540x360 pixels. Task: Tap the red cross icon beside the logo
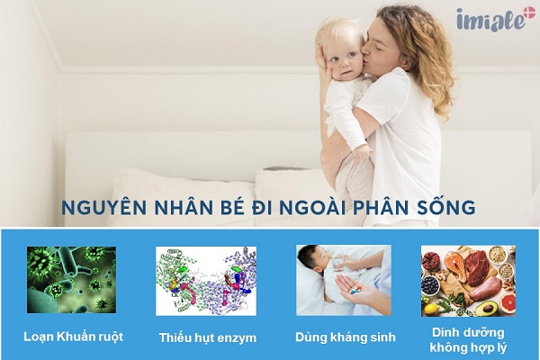click(x=526, y=16)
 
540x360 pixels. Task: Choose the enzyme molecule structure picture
click(x=206, y=281)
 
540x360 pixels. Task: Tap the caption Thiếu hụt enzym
click(x=208, y=337)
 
